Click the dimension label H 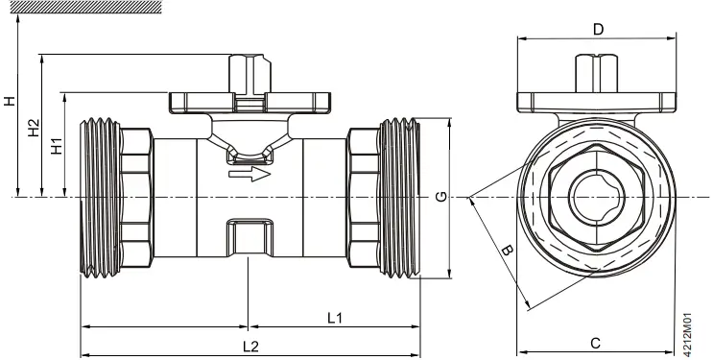[10, 100]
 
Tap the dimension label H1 [57, 145]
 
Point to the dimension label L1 [335, 317]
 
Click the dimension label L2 [250, 346]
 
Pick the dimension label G [440, 198]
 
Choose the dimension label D [598, 30]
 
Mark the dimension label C [595, 343]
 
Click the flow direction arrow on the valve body [245, 174]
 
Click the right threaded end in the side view [400, 199]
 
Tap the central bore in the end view [595, 198]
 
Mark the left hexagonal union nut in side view [136, 199]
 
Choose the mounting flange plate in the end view [597, 102]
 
